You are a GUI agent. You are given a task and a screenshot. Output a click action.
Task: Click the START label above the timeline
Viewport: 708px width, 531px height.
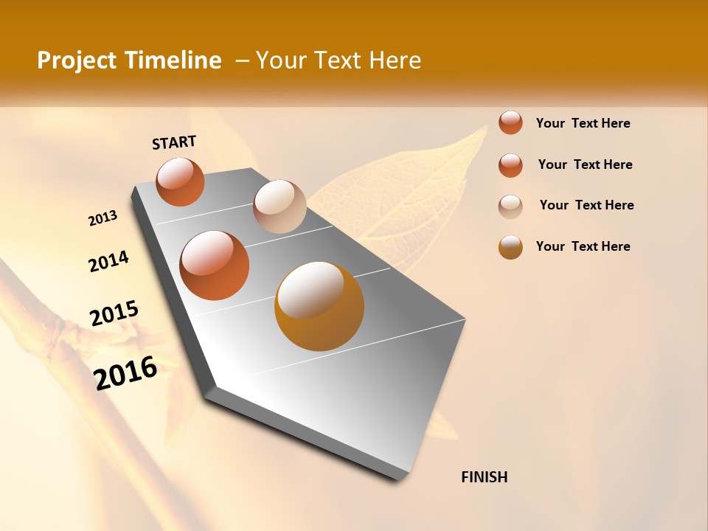tap(174, 142)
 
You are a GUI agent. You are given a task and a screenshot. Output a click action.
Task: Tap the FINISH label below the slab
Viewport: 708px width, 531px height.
tap(484, 477)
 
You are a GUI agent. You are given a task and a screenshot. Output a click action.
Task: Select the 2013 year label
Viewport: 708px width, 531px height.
tap(103, 218)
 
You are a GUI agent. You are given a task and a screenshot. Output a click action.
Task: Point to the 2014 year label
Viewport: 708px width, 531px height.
tap(109, 262)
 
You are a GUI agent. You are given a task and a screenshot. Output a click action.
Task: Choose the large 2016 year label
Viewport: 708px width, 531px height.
tap(125, 373)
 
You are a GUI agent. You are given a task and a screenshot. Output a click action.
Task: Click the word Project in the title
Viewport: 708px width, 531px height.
tap(77, 60)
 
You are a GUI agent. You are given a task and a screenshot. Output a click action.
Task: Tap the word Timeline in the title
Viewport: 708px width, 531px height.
tap(174, 60)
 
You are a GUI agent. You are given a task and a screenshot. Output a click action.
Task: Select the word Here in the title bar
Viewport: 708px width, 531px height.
tap(395, 60)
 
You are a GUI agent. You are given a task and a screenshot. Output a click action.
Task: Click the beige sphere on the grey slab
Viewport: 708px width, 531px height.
tap(280, 206)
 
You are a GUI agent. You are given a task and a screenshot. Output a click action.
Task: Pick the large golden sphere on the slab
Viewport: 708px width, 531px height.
tap(319, 305)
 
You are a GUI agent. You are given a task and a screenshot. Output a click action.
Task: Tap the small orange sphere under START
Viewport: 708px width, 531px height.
tap(180, 181)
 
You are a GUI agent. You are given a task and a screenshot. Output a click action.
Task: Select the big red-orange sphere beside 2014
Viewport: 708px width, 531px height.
tap(215, 265)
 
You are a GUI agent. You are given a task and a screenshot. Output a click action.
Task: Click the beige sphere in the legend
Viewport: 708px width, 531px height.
tap(510, 206)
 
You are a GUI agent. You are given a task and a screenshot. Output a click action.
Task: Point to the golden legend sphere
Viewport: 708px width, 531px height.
tap(510, 247)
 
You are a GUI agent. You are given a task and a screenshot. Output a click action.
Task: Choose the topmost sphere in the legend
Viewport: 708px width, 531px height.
tap(510, 122)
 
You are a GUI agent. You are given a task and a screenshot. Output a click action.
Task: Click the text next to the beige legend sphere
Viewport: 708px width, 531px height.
tap(586, 205)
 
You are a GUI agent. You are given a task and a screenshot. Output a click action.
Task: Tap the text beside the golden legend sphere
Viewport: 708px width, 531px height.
tap(583, 246)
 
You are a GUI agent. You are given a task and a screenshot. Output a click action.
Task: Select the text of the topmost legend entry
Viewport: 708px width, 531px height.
tap(583, 123)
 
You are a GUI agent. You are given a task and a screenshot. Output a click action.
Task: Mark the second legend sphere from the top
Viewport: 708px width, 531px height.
tap(510, 165)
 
